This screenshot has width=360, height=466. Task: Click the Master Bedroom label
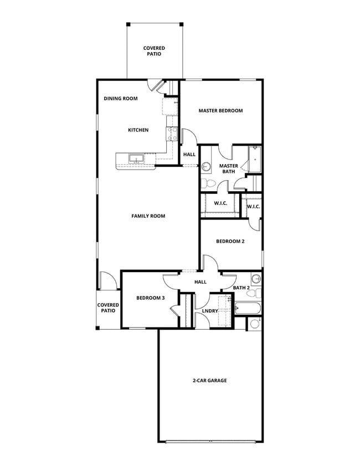[x=220, y=111]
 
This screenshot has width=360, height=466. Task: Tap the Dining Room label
[x=120, y=99]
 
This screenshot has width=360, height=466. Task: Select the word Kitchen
[x=138, y=130]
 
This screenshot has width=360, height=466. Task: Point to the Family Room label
[x=148, y=216]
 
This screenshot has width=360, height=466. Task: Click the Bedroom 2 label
[x=230, y=242]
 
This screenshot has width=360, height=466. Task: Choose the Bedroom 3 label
[x=151, y=298]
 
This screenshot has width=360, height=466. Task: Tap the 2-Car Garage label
[x=209, y=381]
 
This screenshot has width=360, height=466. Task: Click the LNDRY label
[x=210, y=311]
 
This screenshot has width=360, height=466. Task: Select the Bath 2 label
[x=241, y=288]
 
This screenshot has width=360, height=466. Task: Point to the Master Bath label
[x=228, y=169]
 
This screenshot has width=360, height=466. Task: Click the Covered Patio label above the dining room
[x=154, y=52]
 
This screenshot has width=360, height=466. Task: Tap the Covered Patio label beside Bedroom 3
[x=108, y=308]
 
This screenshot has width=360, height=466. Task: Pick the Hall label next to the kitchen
[x=189, y=155]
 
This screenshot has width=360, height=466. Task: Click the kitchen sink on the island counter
[x=136, y=160]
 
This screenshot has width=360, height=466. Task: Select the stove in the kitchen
[x=172, y=133]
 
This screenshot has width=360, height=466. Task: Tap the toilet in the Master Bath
[x=205, y=183]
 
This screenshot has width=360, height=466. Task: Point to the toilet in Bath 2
[x=253, y=293]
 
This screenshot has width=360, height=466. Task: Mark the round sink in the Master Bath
[x=205, y=166]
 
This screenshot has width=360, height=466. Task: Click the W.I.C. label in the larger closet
[x=220, y=203]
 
